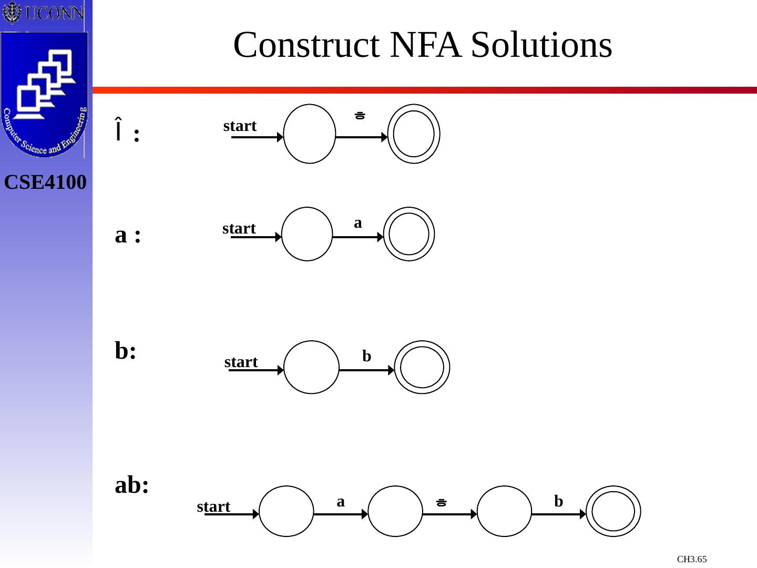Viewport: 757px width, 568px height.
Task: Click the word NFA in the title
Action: pyautogui.click(x=425, y=45)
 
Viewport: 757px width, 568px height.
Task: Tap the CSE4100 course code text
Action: pyautogui.click(x=45, y=182)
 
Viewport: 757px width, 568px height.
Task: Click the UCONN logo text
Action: pyautogui.click(x=54, y=13)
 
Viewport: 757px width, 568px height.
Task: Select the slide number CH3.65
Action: pyautogui.click(x=691, y=559)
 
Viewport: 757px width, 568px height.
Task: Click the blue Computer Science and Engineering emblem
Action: pyautogui.click(x=44, y=95)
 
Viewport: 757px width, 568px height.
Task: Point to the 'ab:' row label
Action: pyautogui.click(x=131, y=485)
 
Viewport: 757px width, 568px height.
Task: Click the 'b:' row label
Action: pyautogui.click(x=126, y=351)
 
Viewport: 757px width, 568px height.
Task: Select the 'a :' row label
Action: pyautogui.click(x=128, y=235)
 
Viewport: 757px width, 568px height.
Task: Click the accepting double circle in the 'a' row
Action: pyautogui.click(x=409, y=234)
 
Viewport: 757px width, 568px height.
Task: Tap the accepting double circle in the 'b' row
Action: pyautogui.click(x=422, y=367)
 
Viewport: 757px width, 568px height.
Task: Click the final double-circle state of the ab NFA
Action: pyautogui.click(x=613, y=511)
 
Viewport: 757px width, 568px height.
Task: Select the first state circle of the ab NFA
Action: pyautogui.click(x=287, y=511)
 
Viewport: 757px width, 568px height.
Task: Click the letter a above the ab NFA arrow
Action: pyautogui.click(x=341, y=502)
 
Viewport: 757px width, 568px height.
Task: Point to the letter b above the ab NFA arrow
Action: pyautogui.click(x=558, y=501)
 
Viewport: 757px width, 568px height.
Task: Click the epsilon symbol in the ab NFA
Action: pyautogui.click(x=442, y=502)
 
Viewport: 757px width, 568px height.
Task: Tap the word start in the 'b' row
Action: pyautogui.click(x=241, y=362)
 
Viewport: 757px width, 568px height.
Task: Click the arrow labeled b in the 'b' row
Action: pyautogui.click(x=366, y=370)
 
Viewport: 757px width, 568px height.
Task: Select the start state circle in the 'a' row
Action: pyautogui.click(x=307, y=234)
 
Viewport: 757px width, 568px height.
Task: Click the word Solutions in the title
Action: pyautogui.click(x=541, y=45)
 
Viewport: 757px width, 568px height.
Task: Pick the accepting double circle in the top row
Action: pyautogui.click(x=414, y=134)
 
